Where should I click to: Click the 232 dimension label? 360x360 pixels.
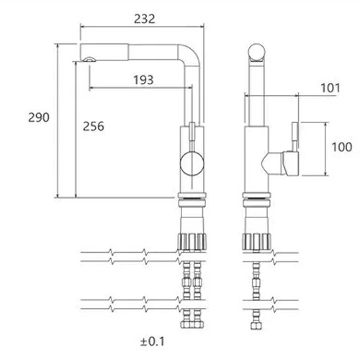[145, 19]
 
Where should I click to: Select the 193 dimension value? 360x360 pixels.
[143, 80]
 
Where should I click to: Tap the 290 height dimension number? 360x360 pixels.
[39, 117]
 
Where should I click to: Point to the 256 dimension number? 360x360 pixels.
[94, 126]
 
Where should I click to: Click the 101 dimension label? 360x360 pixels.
[330, 88]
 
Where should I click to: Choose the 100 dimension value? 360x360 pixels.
[342, 147]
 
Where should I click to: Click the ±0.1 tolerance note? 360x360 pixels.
[153, 341]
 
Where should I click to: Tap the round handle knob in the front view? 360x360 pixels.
[192, 163]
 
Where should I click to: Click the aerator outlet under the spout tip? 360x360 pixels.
[89, 59]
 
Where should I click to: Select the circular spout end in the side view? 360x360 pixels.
[256, 52]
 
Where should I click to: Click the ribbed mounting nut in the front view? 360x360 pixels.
[192, 241]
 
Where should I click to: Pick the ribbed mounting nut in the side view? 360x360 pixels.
[256, 241]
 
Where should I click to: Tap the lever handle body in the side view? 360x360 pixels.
[290, 163]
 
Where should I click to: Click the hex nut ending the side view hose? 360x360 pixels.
[256, 325]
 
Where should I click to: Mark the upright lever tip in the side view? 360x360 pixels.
[295, 135]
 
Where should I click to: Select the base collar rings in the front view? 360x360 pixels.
[192, 199]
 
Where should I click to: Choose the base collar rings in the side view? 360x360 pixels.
[256, 199]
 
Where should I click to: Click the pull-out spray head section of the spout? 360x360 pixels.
[104, 52]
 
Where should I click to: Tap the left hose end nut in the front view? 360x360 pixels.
[186, 325]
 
